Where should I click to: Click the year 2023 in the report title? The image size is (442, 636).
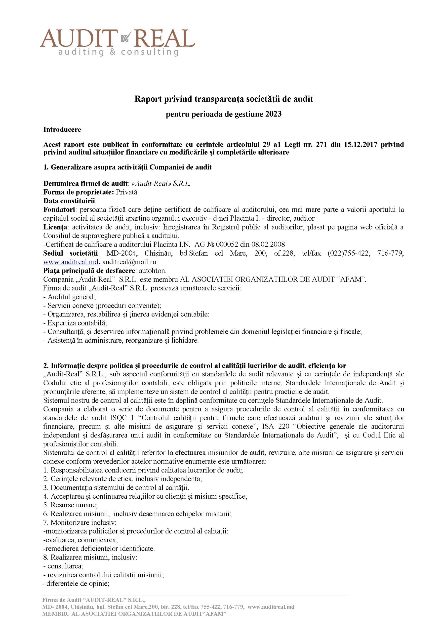274,114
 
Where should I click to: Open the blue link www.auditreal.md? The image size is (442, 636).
71,262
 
